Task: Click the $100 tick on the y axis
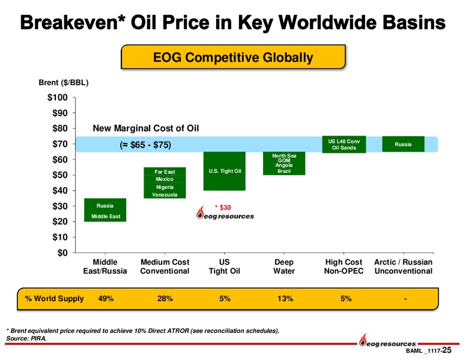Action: point(58,97)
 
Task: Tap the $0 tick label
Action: point(62,253)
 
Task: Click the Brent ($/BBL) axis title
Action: point(64,82)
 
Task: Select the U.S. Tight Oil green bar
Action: point(225,171)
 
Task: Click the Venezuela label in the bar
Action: point(165,195)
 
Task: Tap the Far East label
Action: point(165,172)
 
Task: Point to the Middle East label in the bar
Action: point(105,217)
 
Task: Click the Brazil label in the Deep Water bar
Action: point(284,171)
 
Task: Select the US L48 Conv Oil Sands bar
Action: point(343,144)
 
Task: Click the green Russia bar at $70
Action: point(403,144)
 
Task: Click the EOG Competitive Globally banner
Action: point(233,58)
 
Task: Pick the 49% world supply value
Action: point(106,299)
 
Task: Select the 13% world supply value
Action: point(284,299)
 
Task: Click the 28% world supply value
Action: point(165,299)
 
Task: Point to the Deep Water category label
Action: point(284,266)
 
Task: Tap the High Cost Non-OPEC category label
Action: point(343,266)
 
